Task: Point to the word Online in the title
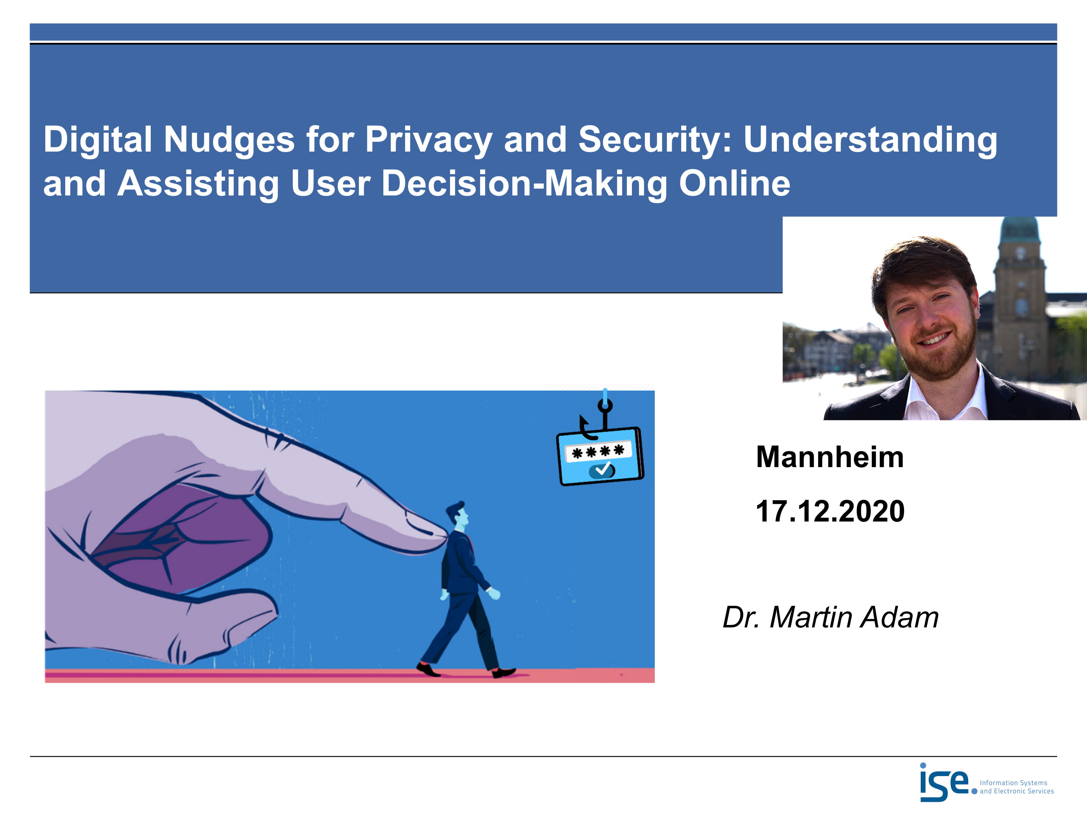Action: pyautogui.click(x=735, y=183)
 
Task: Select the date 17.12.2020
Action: pyautogui.click(x=830, y=511)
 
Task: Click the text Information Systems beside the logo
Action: pyautogui.click(x=1013, y=783)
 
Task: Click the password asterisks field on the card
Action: pyautogui.click(x=598, y=451)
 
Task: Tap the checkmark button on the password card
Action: pyautogui.click(x=602, y=471)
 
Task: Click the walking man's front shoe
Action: pyautogui.click(x=504, y=672)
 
